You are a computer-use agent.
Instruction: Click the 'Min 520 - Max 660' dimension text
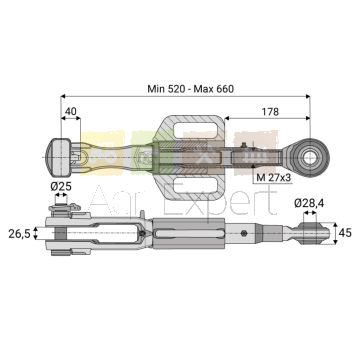pyautogui.click(x=191, y=89)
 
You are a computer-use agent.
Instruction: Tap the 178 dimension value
pyautogui.click(x=270, y=111)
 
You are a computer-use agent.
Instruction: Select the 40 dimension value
pyautogui.click(x=70, y=111)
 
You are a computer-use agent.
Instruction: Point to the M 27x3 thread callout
pyautogui.click(x=273, y=178)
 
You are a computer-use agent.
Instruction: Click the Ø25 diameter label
pyautogui.click(x=61, y=187)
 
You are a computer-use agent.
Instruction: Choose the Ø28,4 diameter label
pyautogui.click(x=308, y=203)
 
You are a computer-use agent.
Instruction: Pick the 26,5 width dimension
pyautogui.click(x=19, y=233)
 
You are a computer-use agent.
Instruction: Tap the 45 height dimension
pyautogui.click(x=344, y=233)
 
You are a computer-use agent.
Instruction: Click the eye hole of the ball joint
pyautogui.click(x=310, y=158)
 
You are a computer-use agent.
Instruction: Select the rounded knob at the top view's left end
pyautogui.click(x=58, y=157)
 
